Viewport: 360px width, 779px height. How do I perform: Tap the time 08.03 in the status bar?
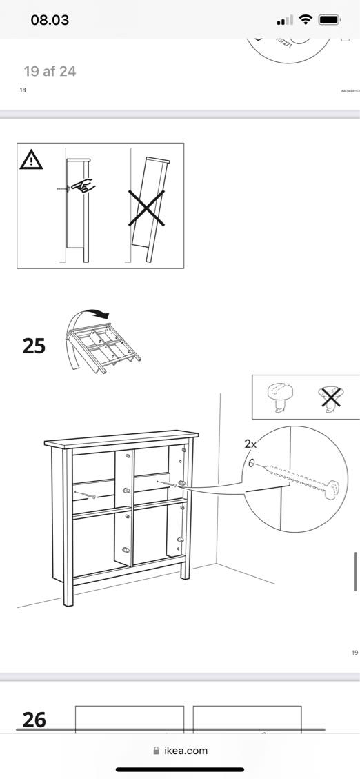point(50,19)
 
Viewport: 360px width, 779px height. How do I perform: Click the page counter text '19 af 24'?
point(50,71)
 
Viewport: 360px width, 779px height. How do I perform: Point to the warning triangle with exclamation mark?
point(31,161)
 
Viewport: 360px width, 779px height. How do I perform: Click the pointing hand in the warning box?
point(85,186)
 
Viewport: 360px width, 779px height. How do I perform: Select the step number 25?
point(34,345)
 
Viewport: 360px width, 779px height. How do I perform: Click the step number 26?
point(34,720)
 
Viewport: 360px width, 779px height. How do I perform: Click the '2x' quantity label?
point(250,444)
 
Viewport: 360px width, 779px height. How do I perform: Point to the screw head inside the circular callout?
point(332,488)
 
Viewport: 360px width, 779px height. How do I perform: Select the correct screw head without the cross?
point(280,396)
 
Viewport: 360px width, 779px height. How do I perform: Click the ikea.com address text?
point(186,751)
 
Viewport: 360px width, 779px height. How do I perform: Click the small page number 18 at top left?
point(23,90)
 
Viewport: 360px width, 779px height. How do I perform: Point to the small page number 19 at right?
point(354,651)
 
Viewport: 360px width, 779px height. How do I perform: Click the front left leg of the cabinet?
point(68,593)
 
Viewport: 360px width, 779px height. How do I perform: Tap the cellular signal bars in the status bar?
point(283,20)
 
